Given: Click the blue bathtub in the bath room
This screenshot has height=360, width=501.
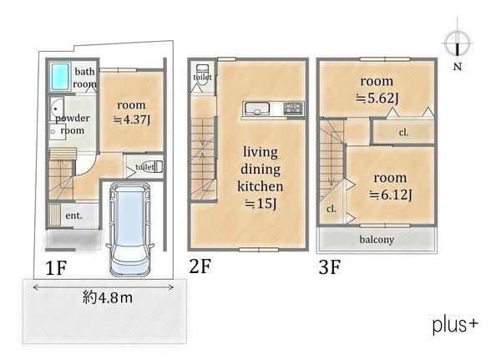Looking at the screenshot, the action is click(x=60, y=77).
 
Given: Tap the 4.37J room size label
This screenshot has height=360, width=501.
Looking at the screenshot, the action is click(x=132, y=119).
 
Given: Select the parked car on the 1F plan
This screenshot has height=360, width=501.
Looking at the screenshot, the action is click(x=130, y=229).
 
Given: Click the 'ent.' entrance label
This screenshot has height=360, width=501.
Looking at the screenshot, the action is click(x=73, y=215).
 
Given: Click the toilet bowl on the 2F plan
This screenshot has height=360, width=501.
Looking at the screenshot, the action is click(x=202, y=74).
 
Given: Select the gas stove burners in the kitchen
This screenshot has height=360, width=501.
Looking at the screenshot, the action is click(x=293, y=109).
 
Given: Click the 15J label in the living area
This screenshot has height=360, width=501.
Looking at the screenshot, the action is click(x=261, y=203).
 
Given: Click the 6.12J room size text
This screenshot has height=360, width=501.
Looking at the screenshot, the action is click(x=391, y=195).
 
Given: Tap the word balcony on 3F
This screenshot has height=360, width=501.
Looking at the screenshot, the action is click(x=377, y=240).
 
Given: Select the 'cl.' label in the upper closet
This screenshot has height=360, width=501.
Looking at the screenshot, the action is click(x=403, y=132).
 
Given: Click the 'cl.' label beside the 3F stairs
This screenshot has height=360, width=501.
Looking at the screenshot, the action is click(x=331, y=209).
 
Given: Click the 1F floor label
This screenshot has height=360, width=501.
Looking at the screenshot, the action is click(x=56, y=267).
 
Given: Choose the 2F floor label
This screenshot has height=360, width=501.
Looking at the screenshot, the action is click(x=200, y=266).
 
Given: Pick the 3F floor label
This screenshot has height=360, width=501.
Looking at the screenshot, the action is click(x=330, y=267).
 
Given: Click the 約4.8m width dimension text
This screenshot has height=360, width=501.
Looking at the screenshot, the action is click(x=108, y=298).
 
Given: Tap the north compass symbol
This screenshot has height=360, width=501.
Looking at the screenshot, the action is click(x=458, y=43).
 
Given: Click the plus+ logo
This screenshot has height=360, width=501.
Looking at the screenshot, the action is click(x=455, y=325).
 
